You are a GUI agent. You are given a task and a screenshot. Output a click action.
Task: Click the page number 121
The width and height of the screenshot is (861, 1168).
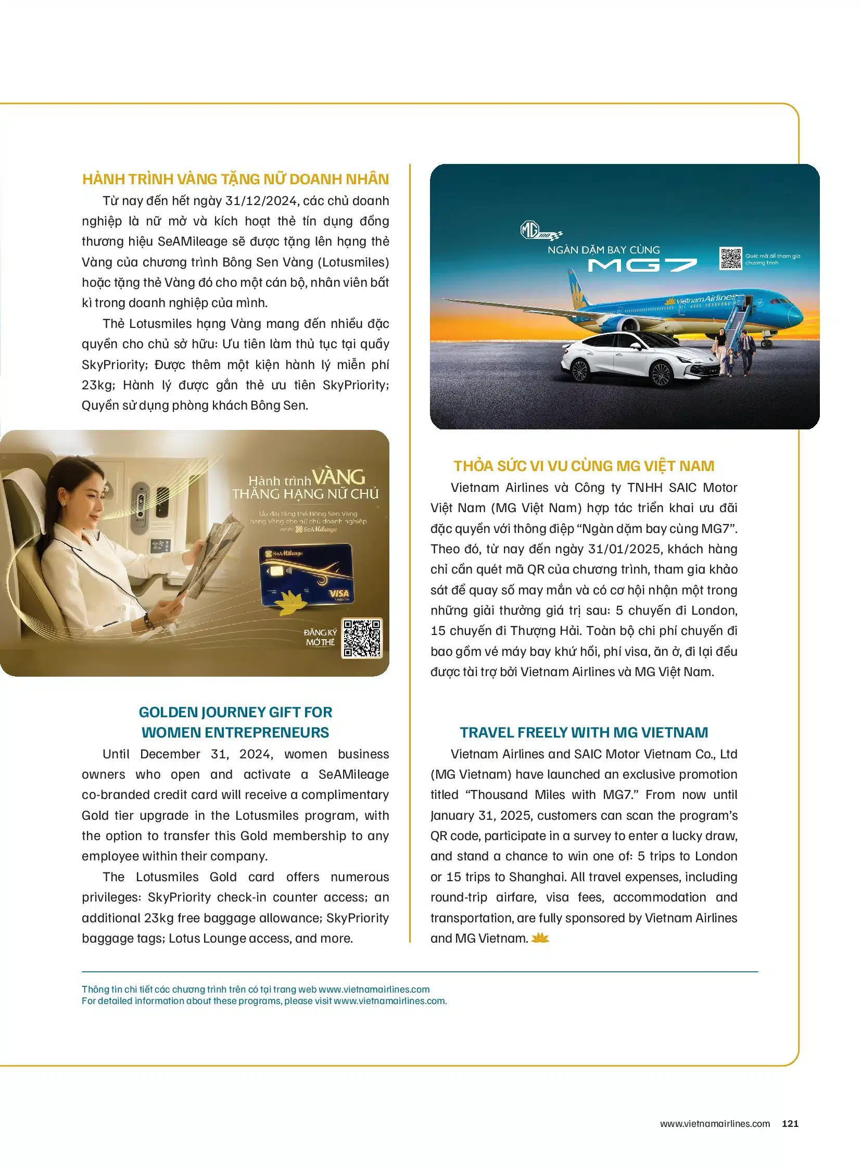[790, 1123]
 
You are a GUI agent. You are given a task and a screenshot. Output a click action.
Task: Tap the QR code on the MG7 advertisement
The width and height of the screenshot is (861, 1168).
[730, 259]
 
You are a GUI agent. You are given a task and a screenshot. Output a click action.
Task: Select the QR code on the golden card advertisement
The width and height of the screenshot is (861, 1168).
[362, 638]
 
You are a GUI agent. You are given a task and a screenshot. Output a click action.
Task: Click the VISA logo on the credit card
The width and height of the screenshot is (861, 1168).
[339, 594]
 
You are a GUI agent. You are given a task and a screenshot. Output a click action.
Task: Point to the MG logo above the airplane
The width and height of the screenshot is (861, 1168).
[529, 230]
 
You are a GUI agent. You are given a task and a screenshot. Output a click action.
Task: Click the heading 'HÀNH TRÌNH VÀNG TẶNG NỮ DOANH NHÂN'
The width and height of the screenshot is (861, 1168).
[236, 179]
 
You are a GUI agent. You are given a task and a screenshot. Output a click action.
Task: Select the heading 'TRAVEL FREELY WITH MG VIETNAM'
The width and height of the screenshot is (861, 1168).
[584, 732]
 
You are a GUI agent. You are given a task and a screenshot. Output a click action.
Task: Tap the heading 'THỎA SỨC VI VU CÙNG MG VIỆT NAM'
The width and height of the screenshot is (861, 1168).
[584, 466]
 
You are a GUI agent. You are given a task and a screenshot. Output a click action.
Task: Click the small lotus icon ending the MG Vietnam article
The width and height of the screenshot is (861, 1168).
[540, 938]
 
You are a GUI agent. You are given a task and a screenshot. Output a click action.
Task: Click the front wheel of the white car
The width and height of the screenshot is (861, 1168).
[661, 373]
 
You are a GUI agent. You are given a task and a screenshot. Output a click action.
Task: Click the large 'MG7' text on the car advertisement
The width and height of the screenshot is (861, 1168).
[642, 265]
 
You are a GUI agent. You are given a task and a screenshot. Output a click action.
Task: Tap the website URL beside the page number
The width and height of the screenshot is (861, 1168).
[715, 1123]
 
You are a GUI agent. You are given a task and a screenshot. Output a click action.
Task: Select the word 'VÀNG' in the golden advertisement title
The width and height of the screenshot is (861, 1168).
[339, 477]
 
